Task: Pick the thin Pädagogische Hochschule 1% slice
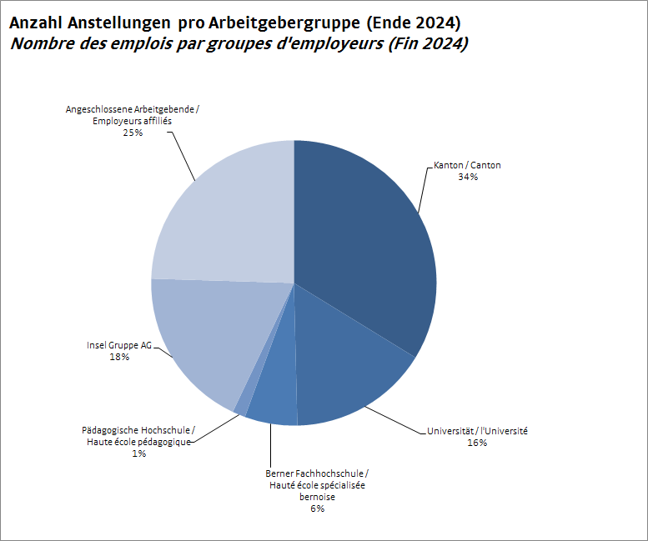(x=242, y=405)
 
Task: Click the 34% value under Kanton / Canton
(x=467, y=178)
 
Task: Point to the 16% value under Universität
(x=477, y=443)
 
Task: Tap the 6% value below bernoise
(x=317, y=508)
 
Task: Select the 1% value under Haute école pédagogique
(x=138, y=453)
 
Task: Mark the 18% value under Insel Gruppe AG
(x=119, y=357)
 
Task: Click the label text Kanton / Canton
(x=467, y=166)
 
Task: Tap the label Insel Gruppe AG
(x=119, y=345)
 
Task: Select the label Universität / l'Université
(x=477, y=431)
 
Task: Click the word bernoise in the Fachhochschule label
(x=317, y=496)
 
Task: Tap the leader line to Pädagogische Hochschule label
(x=215, y=427)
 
